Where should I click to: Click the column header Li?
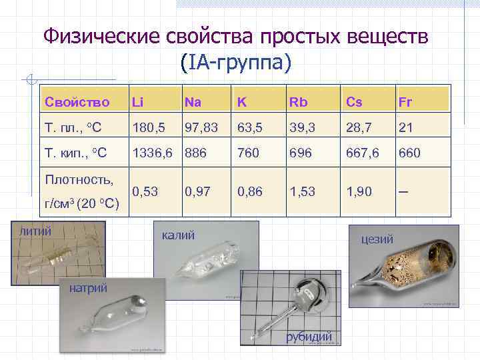pos(138,102)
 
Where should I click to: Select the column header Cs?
pos(353,102)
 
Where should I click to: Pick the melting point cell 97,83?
pos(201,127)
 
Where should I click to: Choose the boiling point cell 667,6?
pos(362,153)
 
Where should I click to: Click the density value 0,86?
pos(250,192)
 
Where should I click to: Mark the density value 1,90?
pos(359,192)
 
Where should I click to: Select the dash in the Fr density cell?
pos(403,192)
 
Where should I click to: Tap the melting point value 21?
pos(406,127)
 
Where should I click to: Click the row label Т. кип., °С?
pos(75,153)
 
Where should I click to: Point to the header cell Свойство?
pos(77,102)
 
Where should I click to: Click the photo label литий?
pos(36,231)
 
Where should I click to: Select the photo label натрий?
pos(87,287)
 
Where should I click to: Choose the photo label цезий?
pos(376,238)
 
